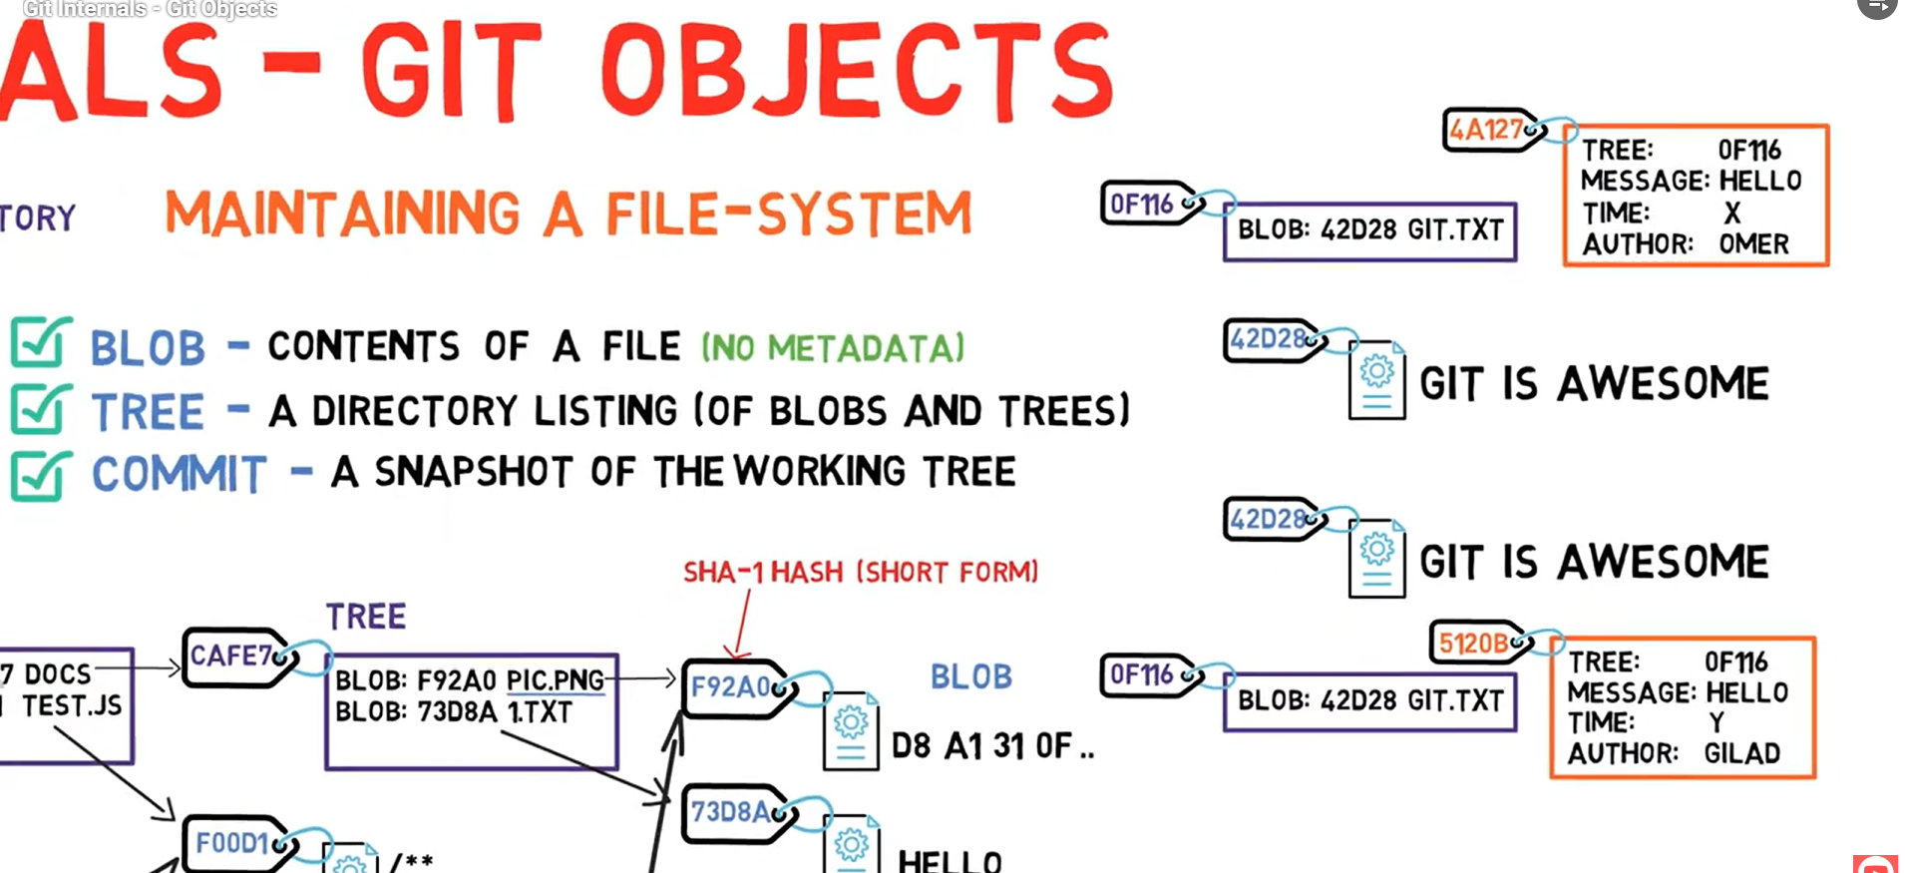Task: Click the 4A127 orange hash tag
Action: click(1488, 130)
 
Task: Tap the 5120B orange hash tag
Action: click(1474, 644)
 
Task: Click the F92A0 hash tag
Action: click(733, 686)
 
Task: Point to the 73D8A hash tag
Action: click(733, 812)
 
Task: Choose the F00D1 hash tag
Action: click(233, 844)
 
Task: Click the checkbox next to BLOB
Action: click(40, 343)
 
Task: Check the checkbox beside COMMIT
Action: click(40, 475)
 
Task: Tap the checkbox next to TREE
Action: click(40, 410)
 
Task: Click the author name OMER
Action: click(1753, 244)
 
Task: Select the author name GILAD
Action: click(1741, 753)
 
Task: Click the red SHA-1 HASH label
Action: click(860, 572)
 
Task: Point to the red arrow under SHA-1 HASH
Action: click(741, 625)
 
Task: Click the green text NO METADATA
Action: click(834, 348)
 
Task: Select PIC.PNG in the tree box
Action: click(555, 680)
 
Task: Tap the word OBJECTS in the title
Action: click(856, 73)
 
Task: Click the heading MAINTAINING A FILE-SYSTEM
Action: click(568, 215)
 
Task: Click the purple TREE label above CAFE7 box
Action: click(366, 617)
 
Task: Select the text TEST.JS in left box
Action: click(72, 706)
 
